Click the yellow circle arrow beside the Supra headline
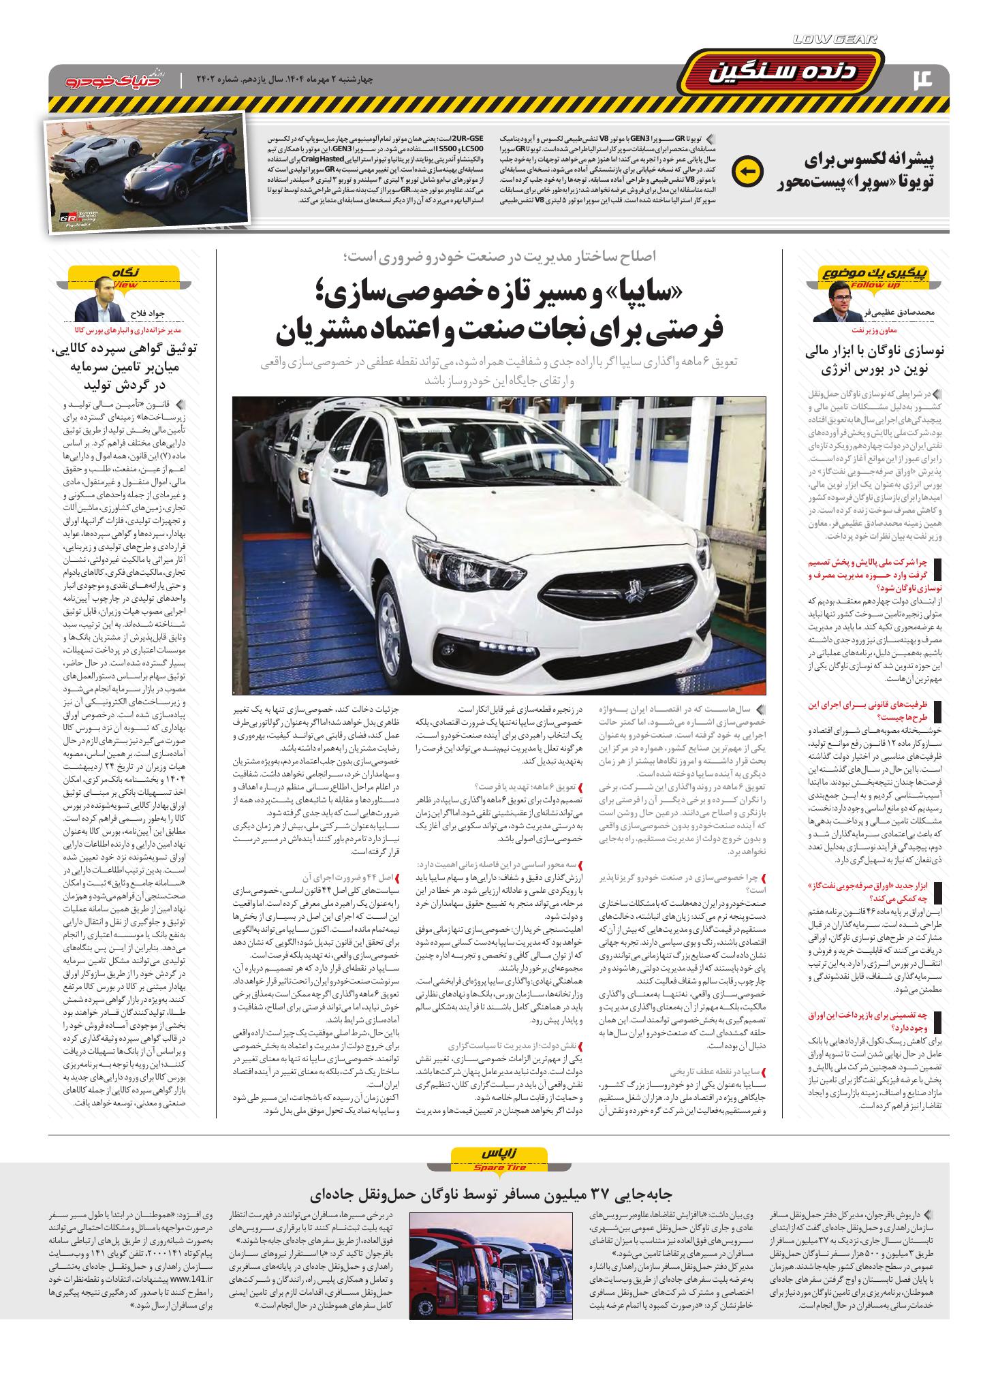[746, 171]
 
